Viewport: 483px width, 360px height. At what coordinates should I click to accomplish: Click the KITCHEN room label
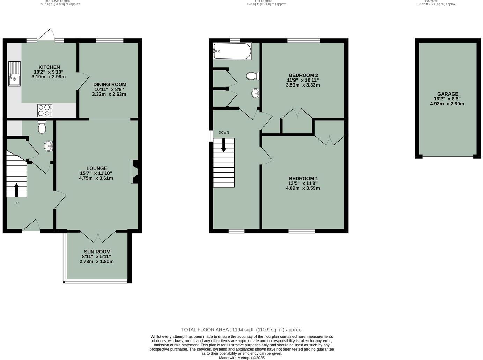click(49, 67)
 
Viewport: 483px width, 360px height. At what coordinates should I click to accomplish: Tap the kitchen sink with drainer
click(14, 74)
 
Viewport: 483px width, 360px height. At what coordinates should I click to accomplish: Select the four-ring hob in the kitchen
click(45, 110)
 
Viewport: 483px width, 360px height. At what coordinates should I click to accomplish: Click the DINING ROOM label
click(110, 84)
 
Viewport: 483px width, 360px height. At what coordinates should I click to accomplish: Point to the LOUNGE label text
click(97, 168)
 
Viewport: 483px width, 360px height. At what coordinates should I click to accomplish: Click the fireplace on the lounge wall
click(134, 172)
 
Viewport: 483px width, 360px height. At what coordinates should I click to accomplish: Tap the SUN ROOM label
click(97, 252)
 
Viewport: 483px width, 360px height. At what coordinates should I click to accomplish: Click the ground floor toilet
click(42, 128)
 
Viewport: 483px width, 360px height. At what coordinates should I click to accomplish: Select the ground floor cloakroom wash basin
click(49, 146)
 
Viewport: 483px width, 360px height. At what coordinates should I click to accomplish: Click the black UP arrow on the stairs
click(16, 190)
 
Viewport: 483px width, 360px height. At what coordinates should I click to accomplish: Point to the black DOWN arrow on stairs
click(224, 145)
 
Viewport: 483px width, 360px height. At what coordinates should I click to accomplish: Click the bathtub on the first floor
click(232, 51)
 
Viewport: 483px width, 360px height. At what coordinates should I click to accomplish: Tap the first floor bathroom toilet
click(252, 76)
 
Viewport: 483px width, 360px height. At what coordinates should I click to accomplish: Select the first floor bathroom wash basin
click(255, 93)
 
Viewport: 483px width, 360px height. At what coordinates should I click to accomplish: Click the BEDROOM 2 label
click(303, 75)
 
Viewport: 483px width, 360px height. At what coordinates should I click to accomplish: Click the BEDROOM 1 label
click(303, 178)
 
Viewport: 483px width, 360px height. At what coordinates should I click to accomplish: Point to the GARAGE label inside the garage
click(448, 94)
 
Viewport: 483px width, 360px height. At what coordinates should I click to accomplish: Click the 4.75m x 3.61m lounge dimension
click(96, 178)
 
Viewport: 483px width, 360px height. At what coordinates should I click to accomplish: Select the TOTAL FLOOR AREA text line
click(241, 330)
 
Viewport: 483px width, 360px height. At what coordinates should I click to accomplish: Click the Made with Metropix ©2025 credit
click(241, 358)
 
